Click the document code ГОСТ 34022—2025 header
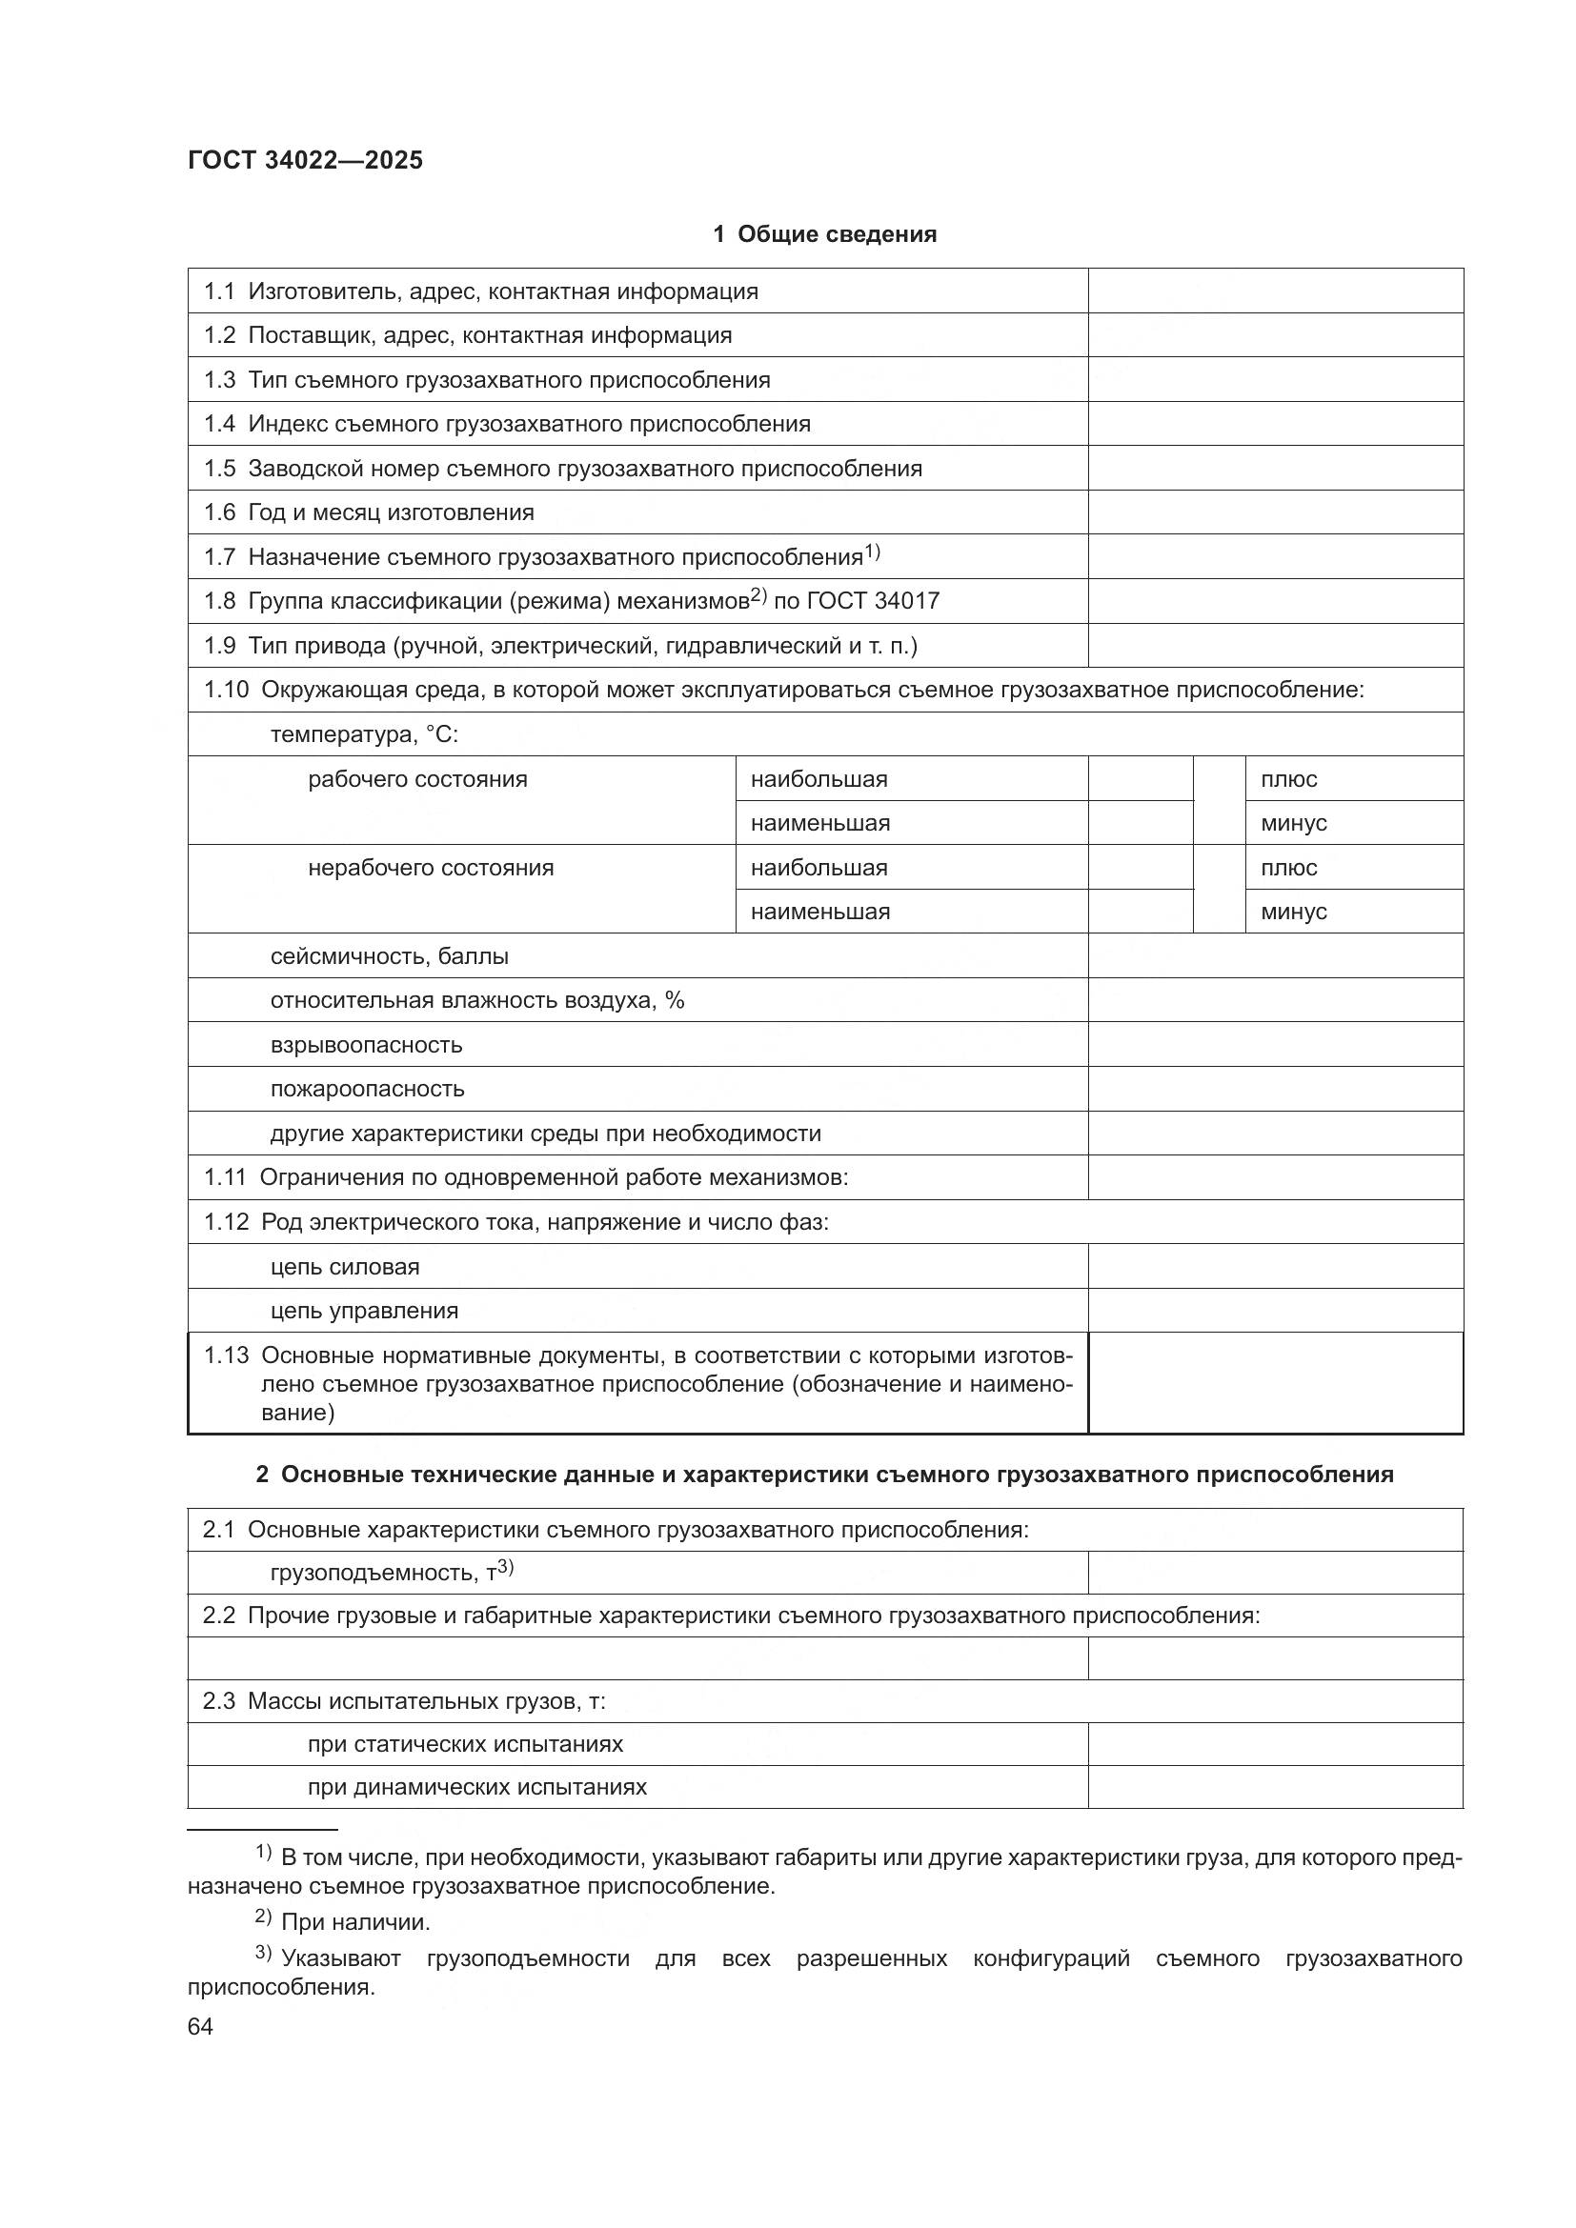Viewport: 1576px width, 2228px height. (x=306, y=160)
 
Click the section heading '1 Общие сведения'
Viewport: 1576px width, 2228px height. (x=825, y=234)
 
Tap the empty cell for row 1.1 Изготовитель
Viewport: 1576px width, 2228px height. (x=1275, y=291)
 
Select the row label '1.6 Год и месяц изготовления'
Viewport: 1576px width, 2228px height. (x=369, y=512)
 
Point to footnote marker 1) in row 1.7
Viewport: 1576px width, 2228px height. (x=872, y=552)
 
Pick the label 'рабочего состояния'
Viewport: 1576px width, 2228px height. (x=417, y=779)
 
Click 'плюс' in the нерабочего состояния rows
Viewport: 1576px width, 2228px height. (x=1289, y=868)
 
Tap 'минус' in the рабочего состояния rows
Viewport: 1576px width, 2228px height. (x=1294, y=823)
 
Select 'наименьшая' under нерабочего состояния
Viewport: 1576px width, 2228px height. (x=820, y=912)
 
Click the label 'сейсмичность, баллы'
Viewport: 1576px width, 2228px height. (x=389, y=955)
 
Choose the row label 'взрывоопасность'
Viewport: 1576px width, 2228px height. (x=366, y=1045)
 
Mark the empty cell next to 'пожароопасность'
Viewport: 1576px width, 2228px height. (x=1275, y=1089)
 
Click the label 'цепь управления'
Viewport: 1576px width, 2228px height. (x=364, y=1311)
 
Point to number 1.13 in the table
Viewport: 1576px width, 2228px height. (x=226, y=1355)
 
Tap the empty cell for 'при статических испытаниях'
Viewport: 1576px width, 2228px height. (x=1275, y=1744)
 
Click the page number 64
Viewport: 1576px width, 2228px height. (x=200, y=2026)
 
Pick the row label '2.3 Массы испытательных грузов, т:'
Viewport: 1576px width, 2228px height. (x=404, y=1701)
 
